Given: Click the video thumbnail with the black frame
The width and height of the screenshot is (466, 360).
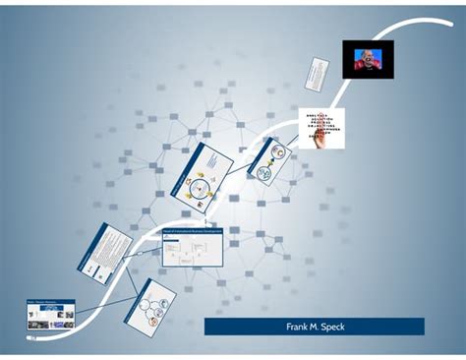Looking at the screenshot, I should pyautogui.click(x=367, y=60).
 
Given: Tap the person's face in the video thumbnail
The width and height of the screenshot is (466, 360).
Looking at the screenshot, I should pyautogui.click(x=366, y=57).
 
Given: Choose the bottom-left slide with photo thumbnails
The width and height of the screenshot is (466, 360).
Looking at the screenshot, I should pyautogui.click(x=51, y=315).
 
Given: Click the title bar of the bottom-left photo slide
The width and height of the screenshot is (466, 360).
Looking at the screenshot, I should pyautogui.click(x=51, y=302).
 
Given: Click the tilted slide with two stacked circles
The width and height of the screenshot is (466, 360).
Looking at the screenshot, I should pyautogui.click(x=266, y=161).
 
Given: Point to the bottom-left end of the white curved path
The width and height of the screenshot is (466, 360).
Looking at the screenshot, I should pyautogui.click(x=30, y=336).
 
